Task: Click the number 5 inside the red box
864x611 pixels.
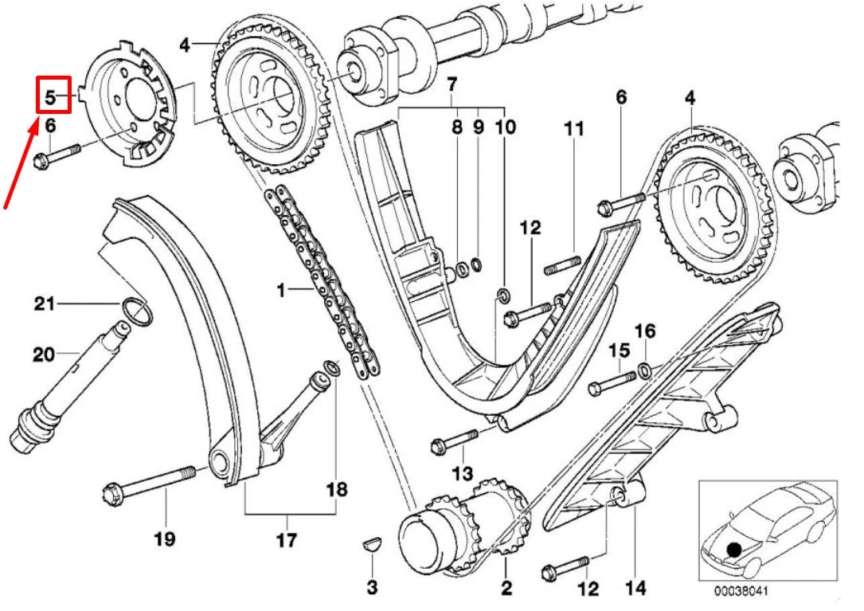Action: tap(49, 97)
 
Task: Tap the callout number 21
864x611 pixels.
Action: tap(45, 303)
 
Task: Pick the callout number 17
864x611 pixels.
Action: tap(287, 540)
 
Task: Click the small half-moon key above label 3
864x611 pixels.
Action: tap(372, 545)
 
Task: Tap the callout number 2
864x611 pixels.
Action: tap(506, 589)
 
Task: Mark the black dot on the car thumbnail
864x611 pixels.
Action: tap(733, 548)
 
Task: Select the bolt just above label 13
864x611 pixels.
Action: tap(455, 440)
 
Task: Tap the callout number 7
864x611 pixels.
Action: tap(452, 83)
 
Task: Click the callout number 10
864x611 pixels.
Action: tap(505, 127)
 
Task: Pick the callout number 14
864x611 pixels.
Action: tap(635, 589)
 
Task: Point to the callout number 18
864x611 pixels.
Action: tap(337, 488)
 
